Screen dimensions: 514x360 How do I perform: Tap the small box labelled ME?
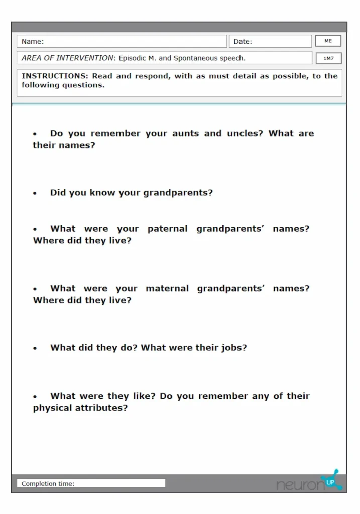pos(328,41)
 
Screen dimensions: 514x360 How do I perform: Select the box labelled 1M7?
pos(328,58)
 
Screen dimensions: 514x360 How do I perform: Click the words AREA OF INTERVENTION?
pos(68,58)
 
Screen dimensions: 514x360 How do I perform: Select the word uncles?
pos(245,133)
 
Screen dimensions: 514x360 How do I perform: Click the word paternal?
pos(167,229)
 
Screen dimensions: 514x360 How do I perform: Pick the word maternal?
pos(167,289)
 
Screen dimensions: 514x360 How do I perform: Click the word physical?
pos(52,408)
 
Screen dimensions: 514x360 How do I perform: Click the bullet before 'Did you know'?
pos(35,193)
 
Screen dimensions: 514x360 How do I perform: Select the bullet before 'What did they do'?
pos(35,348)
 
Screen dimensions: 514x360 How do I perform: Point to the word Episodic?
pos(132,58)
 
